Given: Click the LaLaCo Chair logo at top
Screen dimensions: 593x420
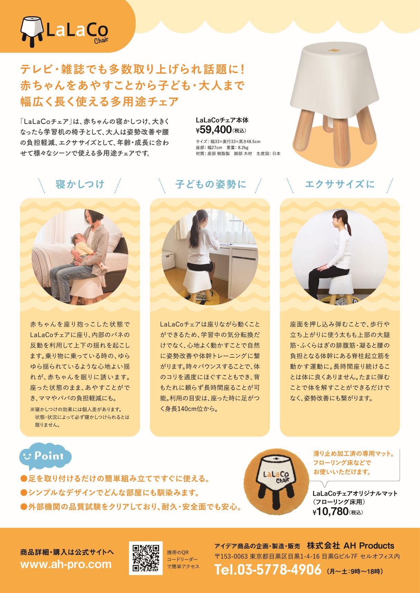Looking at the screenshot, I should coord(64,30).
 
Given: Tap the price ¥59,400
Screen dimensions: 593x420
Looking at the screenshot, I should coord(214,130).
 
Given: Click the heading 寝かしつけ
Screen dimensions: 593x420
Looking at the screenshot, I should coord(80,184).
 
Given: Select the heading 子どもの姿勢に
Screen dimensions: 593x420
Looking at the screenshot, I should coord(211,184).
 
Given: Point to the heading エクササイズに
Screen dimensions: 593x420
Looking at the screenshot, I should coord(340,184).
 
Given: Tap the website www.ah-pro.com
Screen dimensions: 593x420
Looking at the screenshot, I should coord(66,564).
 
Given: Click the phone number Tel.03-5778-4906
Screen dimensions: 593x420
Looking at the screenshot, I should coord(268,570).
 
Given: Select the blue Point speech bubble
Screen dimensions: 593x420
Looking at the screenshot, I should coord(45,457).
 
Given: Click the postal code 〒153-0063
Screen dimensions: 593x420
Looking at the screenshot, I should coord(231,556).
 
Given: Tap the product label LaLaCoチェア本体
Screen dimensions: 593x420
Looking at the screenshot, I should coord(222,120).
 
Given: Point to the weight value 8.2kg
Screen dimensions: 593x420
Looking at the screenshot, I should coord(242,147).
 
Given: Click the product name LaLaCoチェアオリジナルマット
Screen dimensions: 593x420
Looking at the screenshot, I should coord(355,493).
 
